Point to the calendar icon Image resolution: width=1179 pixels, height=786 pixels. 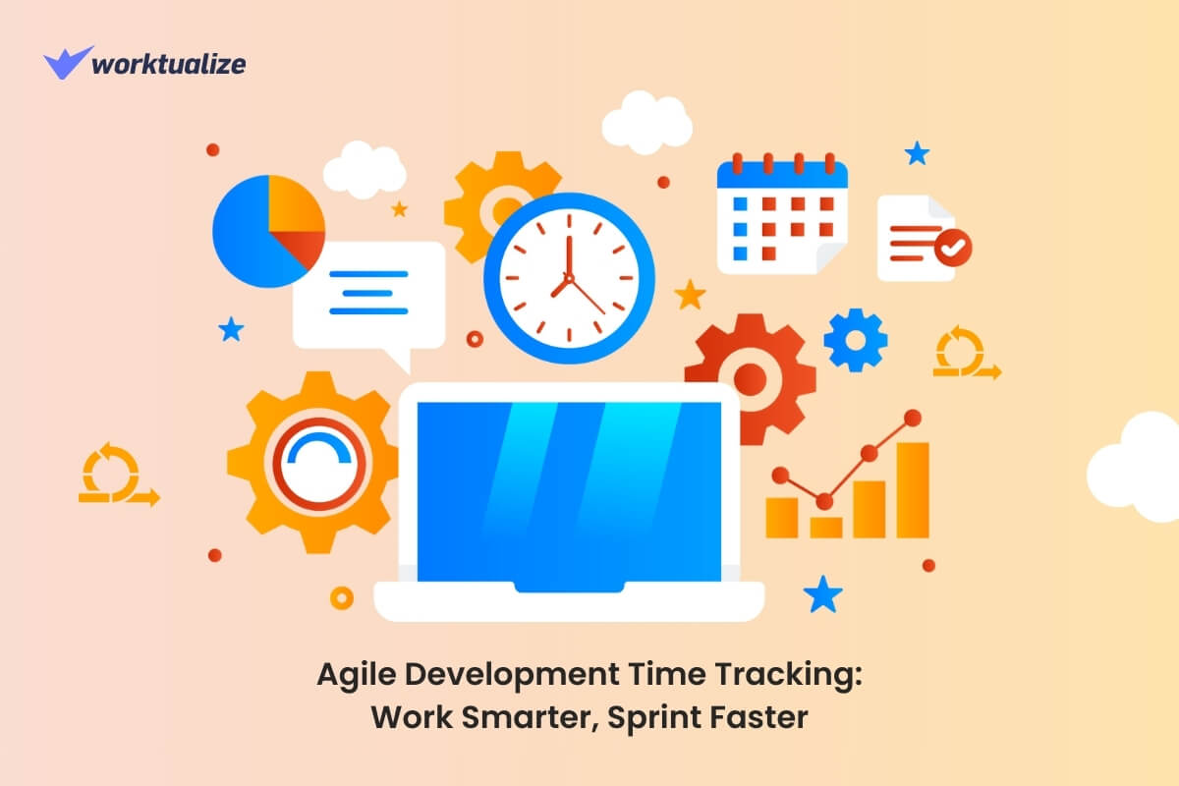[782, 215]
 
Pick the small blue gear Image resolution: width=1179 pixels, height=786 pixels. [855, 340]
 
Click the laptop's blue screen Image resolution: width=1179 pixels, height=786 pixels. [569, 491]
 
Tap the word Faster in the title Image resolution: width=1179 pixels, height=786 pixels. [762, 716]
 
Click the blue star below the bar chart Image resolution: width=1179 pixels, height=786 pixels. [822, 593]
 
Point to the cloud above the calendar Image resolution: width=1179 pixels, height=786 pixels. [647, 122]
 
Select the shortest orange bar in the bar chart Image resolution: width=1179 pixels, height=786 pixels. [824, 527]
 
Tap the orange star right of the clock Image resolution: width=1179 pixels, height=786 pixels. [691, 294]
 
